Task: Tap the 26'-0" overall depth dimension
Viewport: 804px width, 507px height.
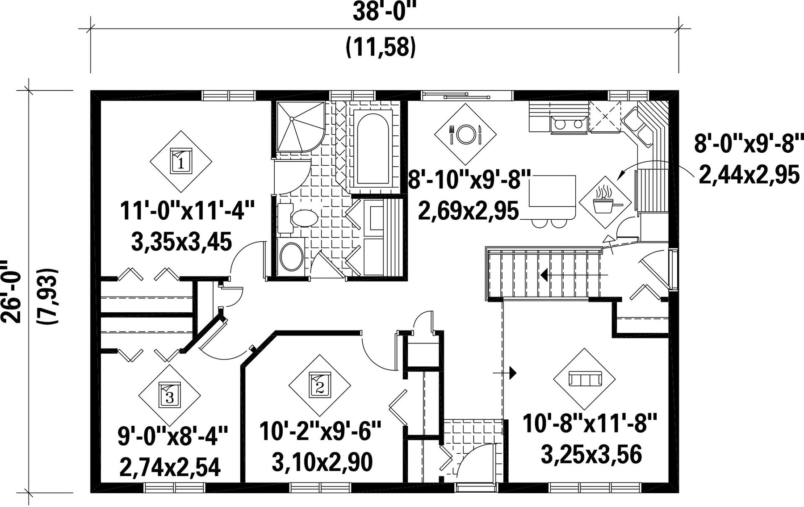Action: (12, 291)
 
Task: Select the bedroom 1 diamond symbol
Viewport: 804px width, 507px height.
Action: (181, 161)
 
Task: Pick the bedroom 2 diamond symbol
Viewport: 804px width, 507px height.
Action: (320, 386)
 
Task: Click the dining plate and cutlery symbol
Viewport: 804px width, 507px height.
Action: (465, 134)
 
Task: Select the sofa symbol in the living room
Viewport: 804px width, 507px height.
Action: (584, 379)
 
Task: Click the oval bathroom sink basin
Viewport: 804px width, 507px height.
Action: (291, 256)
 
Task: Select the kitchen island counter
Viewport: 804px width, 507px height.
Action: (553, 191)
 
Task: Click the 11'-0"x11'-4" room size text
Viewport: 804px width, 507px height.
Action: (187, 211)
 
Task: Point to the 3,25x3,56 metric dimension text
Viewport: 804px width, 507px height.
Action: (591, 455)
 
